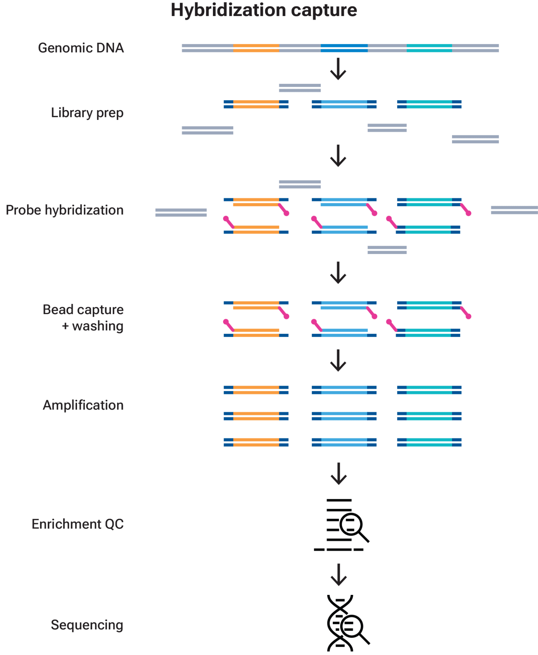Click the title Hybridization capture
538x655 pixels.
pos(264,11)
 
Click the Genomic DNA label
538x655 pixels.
pos(81,48)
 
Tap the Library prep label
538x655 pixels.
pos(87,113)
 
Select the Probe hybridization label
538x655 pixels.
pos(65,210)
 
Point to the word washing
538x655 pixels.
pos(97,326)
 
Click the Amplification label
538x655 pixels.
pos(83,405)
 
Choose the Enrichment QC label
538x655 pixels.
pos(78,524)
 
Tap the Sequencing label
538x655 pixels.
pos(87,625)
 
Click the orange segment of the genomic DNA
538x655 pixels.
pos(256,48)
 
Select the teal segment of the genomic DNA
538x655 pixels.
pos(429,48)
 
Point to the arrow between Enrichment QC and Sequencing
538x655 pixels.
pos(339,574)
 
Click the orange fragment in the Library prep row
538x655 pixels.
pos(256,104)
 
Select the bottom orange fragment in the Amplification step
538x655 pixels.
pos(256,442)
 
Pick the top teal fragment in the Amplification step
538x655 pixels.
pos(429,390)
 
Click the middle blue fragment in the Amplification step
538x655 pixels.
pos(344,416)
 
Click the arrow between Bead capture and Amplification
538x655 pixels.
pos(338,360)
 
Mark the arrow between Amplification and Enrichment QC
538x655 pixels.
pos(339,473)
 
